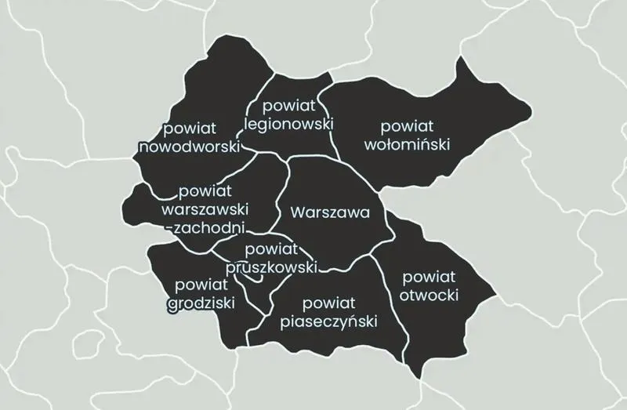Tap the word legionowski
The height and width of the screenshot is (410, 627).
pos(288,124)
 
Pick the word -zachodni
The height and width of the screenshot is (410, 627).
pos(207,228)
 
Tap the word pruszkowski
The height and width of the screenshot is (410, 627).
pos(270,267)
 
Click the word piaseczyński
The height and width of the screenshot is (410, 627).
pos(328,322)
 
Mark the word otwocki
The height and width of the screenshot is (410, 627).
pos(429,296)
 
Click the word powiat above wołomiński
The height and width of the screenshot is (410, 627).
pos(406,125)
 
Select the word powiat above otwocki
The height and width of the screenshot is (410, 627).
pos(429,277)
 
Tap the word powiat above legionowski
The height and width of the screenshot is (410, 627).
pos(288,105)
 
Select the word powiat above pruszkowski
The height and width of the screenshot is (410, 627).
pos(272,249)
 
